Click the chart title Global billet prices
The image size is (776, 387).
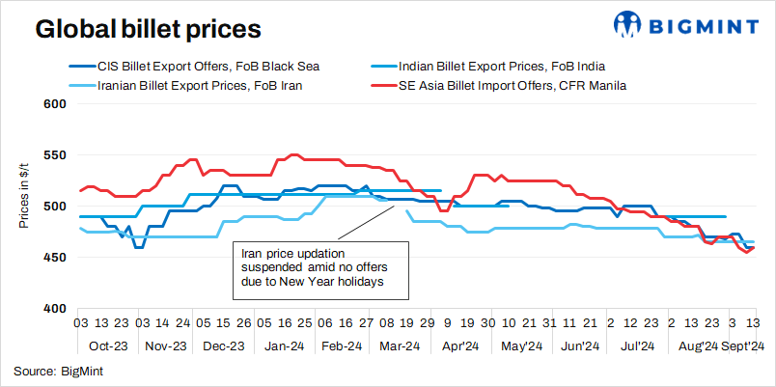[148, 30]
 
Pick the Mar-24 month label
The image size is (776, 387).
[400, 346]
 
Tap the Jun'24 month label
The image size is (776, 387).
[580, 346]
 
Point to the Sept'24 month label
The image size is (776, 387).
[743, 346]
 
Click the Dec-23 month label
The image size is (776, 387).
[223, 346]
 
